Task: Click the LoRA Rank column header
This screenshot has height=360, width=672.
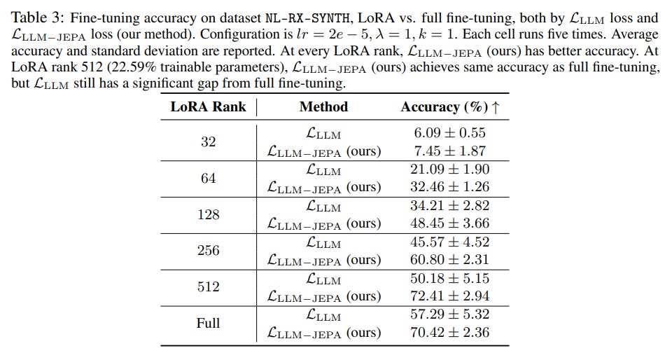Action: coord(208,107)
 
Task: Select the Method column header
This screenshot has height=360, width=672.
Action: coord(323,107)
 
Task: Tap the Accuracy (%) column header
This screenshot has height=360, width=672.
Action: coord(450,107)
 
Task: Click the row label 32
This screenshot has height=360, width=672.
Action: coord(208,141)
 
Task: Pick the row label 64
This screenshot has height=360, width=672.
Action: coord(208,178)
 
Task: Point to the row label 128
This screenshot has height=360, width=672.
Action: coord(208,214)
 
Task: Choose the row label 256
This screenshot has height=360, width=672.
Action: coord(208,251)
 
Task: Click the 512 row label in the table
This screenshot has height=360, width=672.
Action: coord(208,287)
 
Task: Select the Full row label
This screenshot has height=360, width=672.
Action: coord(208,324)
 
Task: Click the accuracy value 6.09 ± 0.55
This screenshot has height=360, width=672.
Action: coord(450,133)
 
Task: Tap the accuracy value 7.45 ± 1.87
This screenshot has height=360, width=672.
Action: coord(450,151)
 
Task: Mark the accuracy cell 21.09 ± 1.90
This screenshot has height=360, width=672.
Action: coord(450,169)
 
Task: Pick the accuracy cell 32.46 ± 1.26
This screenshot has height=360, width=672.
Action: coord(450,187)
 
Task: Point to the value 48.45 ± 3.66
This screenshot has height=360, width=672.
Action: coord(450,223)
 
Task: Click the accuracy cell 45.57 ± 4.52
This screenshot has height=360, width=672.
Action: coord(450,242)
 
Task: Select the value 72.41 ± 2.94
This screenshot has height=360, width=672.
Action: coord(450,296)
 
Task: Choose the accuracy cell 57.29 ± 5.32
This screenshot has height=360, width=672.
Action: coord(450,314)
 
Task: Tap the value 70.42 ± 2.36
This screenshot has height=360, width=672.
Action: coord(450,333)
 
